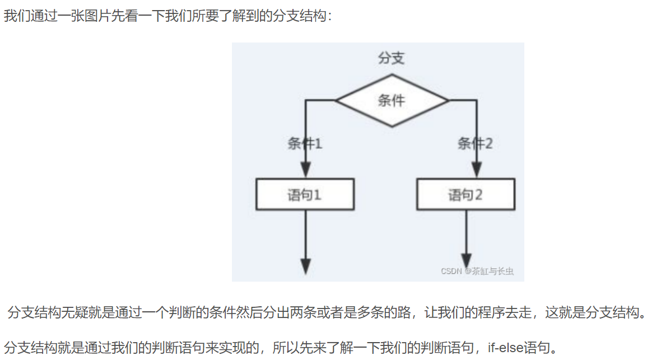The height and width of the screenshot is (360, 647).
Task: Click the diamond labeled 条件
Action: coord(392,101)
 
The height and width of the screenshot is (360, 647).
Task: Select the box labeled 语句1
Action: coord(305,194)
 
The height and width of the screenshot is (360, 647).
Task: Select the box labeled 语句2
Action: coord(465,194)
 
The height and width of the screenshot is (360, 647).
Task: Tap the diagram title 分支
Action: coord(392,58)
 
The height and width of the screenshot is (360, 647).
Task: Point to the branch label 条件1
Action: coord(305,144)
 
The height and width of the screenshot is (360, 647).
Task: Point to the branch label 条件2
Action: coord(475,144)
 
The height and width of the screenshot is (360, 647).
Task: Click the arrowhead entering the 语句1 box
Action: coord(305,170)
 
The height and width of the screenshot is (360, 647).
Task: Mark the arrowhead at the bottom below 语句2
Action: coord(466,259)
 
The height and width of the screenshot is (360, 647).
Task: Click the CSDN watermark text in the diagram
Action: coord(477,272)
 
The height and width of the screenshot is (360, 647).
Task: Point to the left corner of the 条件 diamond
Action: coord(336,101)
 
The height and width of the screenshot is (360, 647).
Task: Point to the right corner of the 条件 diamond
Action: coord(448,101)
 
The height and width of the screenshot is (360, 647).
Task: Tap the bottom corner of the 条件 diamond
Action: coord(392,126)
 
